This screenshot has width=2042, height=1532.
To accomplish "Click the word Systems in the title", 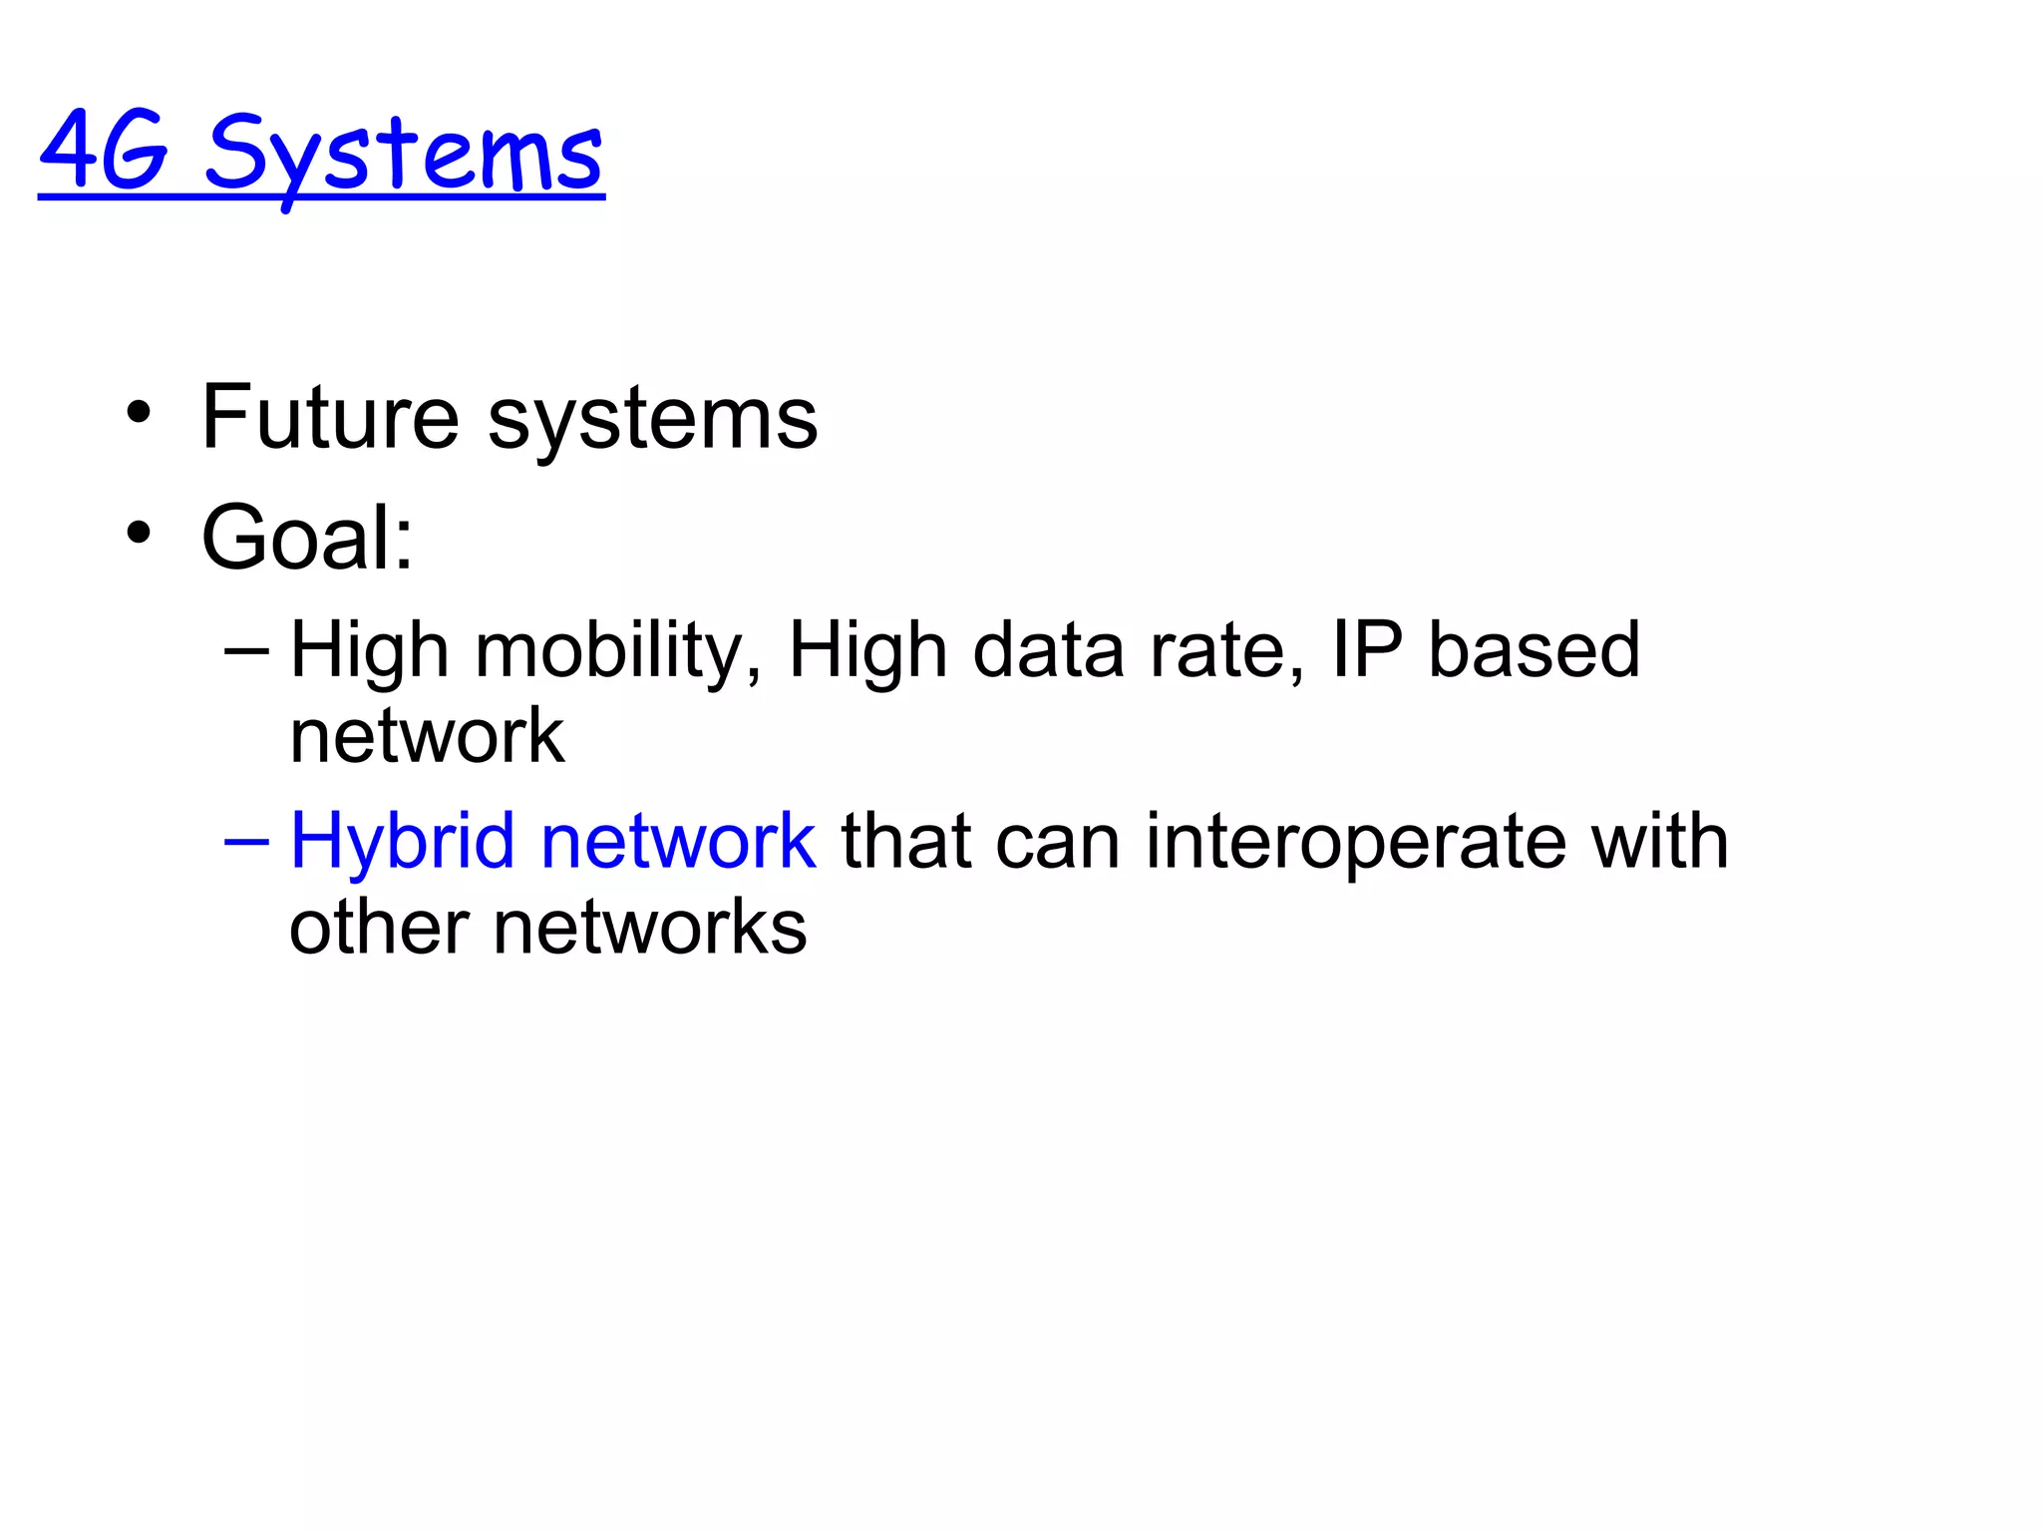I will tap(404, 155).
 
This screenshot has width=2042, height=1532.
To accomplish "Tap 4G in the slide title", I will tap(104, 152).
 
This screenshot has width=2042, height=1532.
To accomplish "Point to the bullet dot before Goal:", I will tap(139, 533).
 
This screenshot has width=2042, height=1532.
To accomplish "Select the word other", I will tap(379, 928).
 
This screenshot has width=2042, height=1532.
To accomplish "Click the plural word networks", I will tap(650, 928).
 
